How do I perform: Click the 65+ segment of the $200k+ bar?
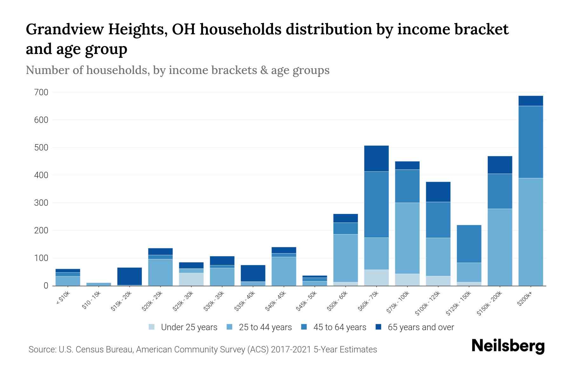tap(530, 101)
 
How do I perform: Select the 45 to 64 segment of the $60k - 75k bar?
tap(376, 204)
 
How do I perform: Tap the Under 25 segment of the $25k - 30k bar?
tap(191, 279)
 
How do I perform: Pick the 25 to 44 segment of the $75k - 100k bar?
tap(407, 238)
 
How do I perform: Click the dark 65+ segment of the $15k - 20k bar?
tap(129, 276)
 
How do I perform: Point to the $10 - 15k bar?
tap(99, 284)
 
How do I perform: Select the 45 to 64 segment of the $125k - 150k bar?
tap(469, 244)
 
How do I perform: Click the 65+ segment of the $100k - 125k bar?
tap(438, 192)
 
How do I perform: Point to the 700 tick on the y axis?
tap(41, 92)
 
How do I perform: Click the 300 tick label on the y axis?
tap(41, 203)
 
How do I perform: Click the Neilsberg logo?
tap(508, 346)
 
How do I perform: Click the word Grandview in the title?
tap(65, 30)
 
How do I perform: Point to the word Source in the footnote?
tap(42, 350)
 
